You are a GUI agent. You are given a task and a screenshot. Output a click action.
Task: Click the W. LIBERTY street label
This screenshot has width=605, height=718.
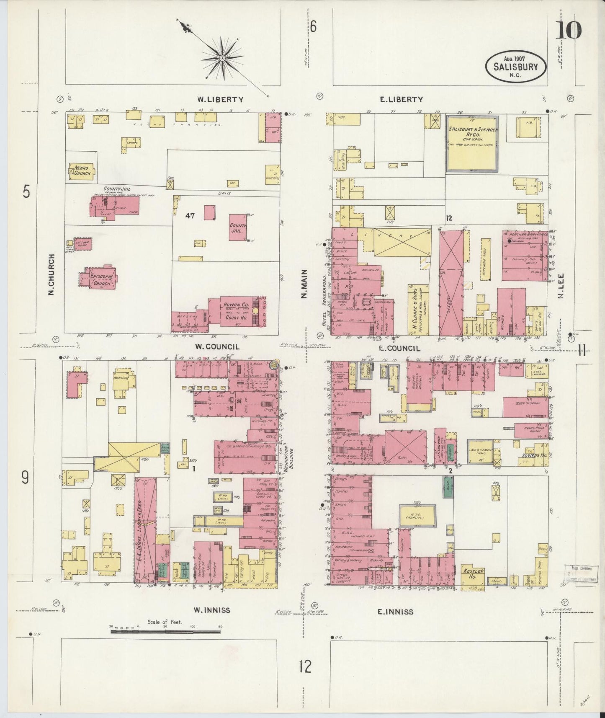[x=220, y=99]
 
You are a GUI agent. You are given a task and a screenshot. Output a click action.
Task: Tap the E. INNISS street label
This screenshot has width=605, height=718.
[x=395, y=612]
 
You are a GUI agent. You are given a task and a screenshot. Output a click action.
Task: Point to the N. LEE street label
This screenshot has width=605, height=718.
[x=560, y=289]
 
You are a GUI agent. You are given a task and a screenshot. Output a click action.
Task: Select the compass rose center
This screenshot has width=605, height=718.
[x=222, y=57]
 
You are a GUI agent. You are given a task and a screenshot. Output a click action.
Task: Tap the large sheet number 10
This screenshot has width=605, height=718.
[x=569, y=30]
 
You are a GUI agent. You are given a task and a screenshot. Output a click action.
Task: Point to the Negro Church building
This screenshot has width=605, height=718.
[x=82, y=170]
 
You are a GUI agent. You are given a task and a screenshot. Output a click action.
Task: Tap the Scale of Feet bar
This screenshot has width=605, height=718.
[x=165, y=630]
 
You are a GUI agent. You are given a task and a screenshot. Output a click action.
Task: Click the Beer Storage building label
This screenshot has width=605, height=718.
[x=526, y=403]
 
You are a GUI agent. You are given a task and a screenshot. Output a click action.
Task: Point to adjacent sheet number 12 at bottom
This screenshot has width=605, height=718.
[x=305, y=666]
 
